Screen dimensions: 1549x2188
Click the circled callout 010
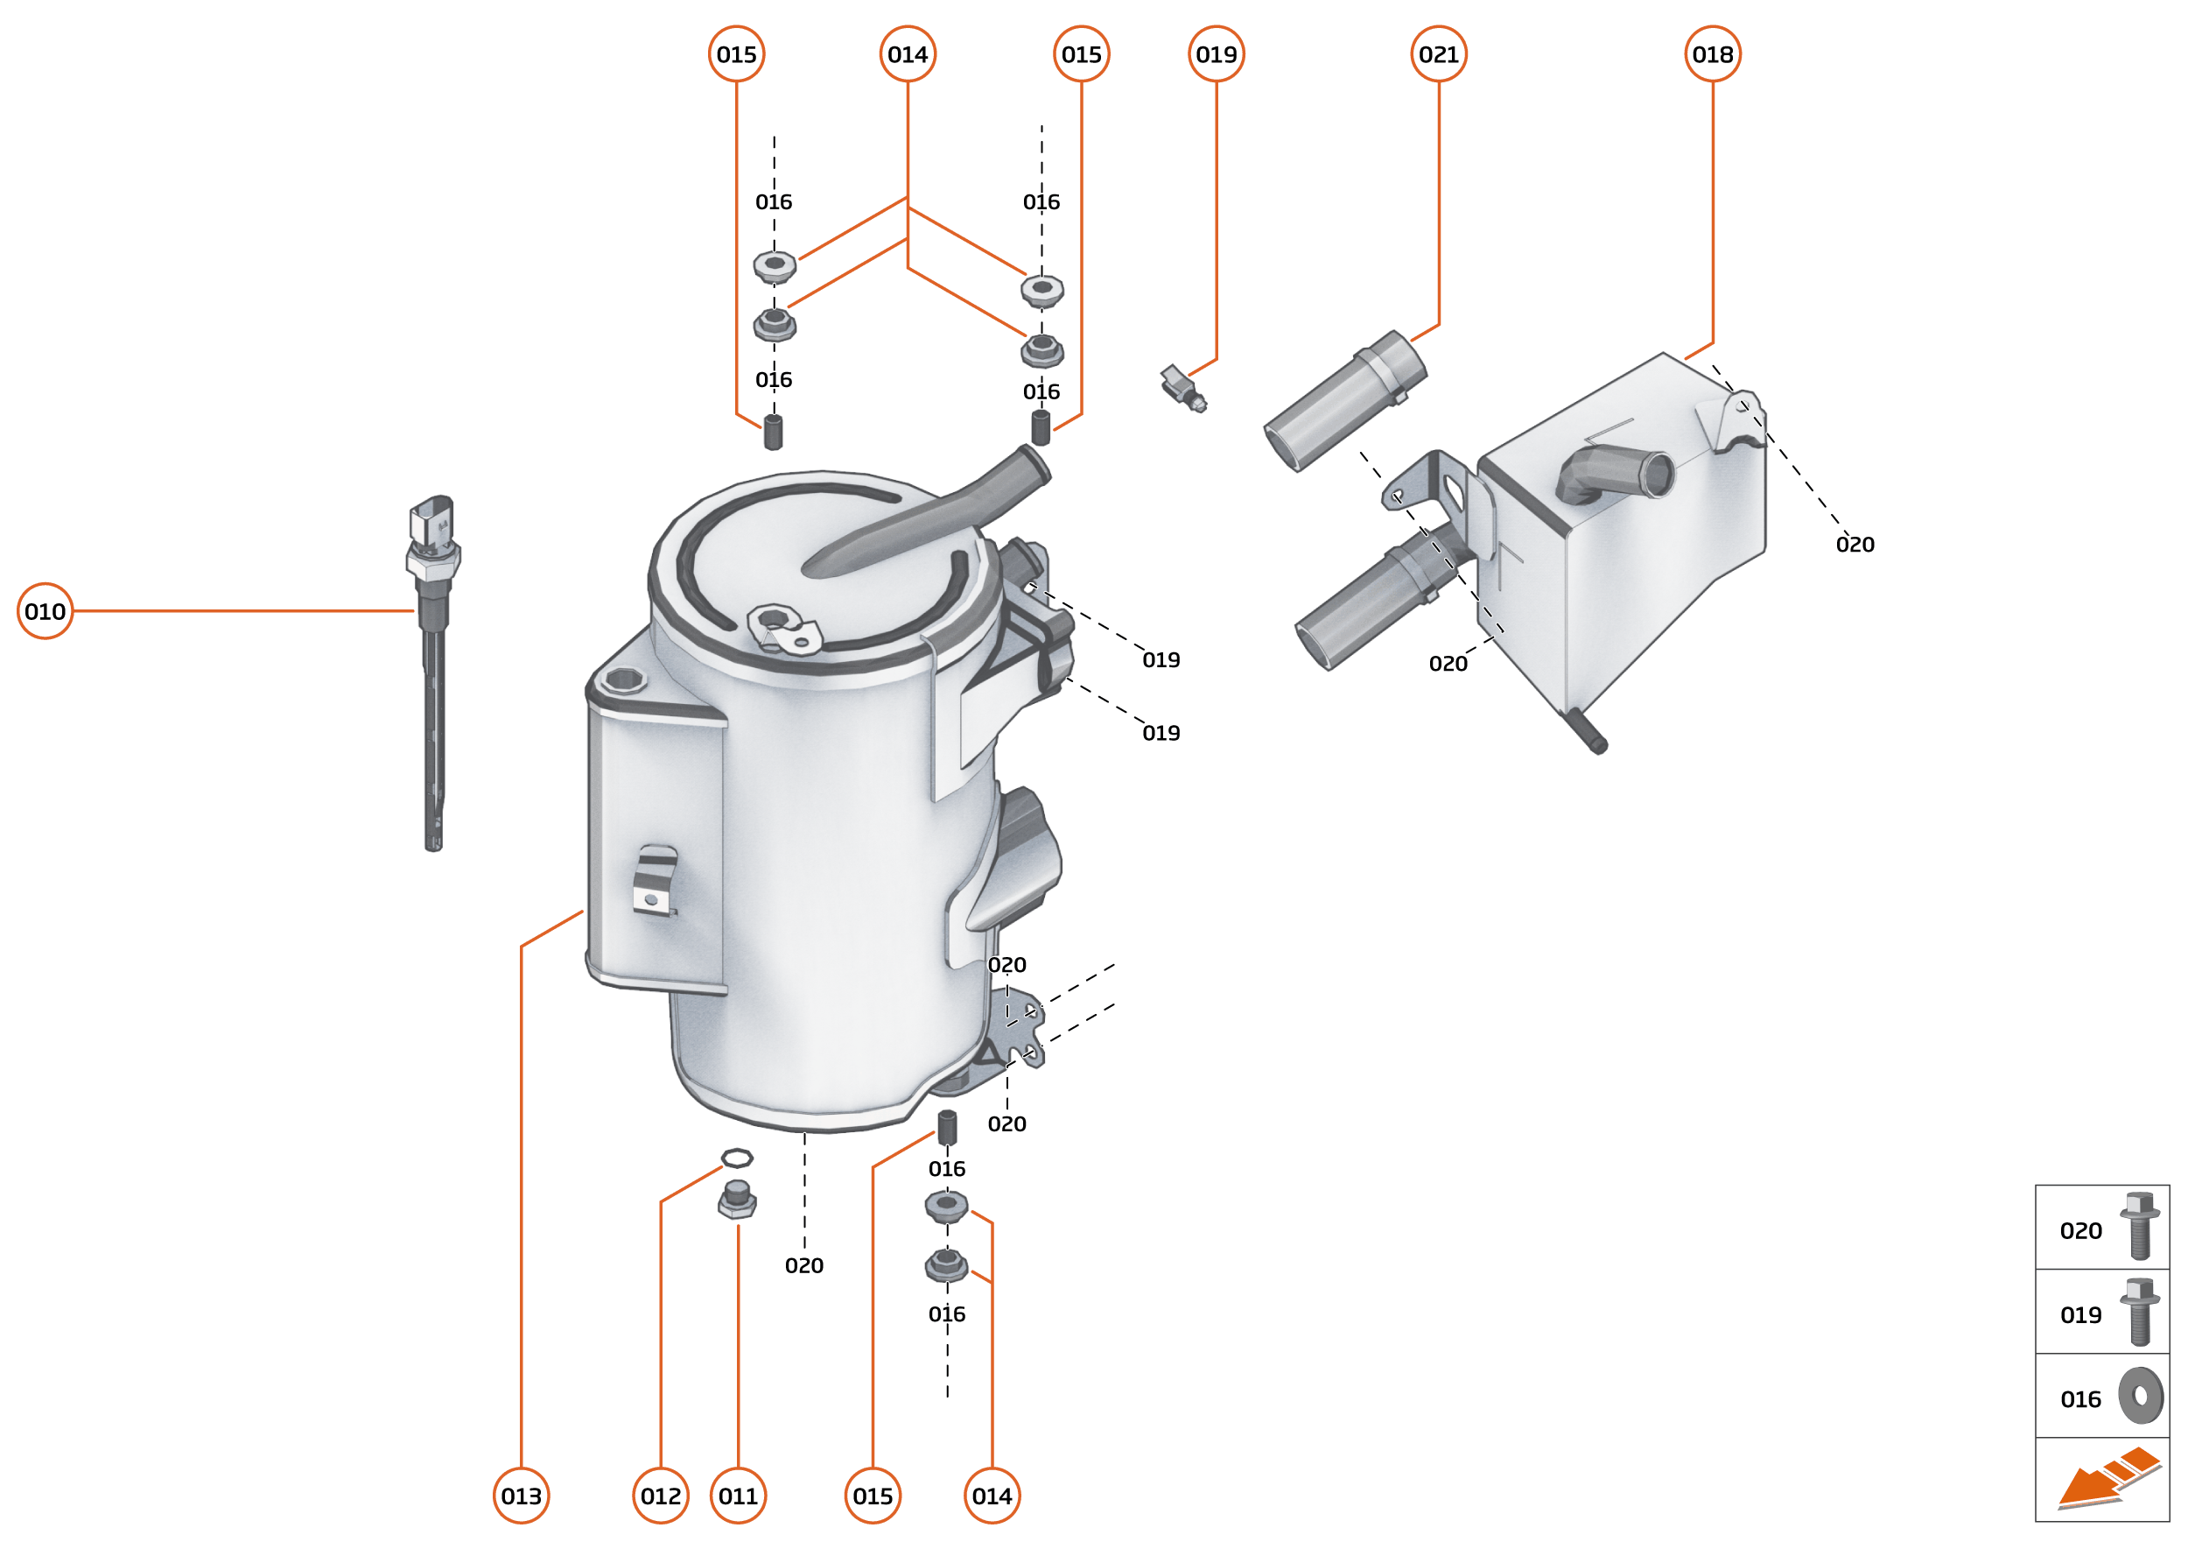pos(45,610)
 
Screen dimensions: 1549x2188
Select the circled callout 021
pos(1438,54)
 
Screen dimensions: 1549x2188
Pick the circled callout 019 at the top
pos(1216,54)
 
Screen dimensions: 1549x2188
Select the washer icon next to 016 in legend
pos(2141,1396)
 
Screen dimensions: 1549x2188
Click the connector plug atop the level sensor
pos(431,520)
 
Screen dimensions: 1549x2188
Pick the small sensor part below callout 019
pos(1182,387)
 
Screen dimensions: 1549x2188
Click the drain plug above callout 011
pos(737,1199)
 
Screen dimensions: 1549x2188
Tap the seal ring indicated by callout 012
pos(736,1158)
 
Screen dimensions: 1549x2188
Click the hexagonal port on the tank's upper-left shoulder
pos(623,679)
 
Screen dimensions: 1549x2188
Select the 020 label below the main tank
pos(803,1264)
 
